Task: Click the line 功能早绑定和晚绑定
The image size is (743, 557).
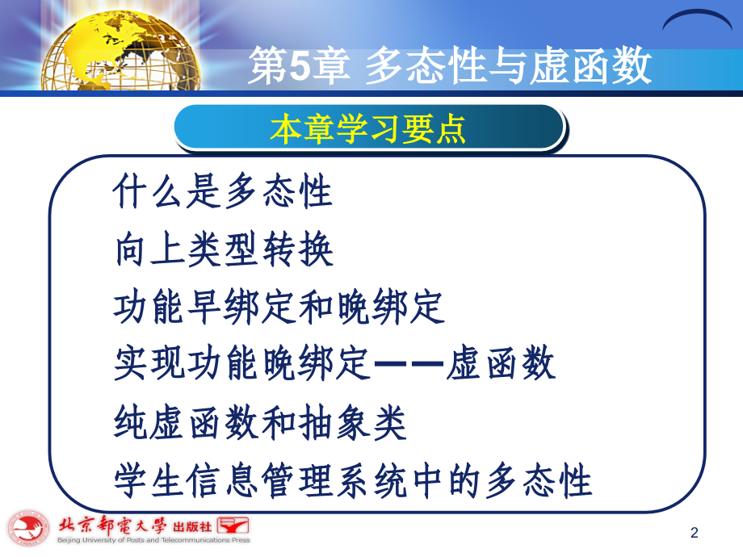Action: (279, 308)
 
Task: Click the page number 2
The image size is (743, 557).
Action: (695, 532)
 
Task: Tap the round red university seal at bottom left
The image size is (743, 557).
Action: (28, 529)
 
